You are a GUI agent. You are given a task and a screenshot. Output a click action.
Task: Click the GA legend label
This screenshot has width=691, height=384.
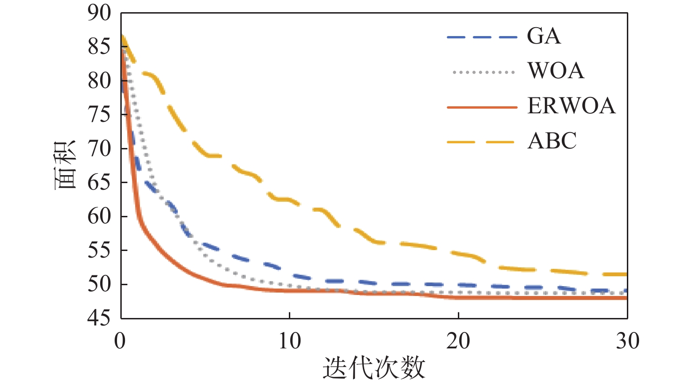click(544, 36)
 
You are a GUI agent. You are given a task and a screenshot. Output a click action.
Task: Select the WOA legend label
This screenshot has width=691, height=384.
click(556, 71)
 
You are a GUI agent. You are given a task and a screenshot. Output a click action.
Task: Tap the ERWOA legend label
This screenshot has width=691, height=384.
click(571, 106)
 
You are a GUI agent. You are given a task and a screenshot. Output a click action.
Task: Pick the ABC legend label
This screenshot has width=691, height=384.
click(552, 141)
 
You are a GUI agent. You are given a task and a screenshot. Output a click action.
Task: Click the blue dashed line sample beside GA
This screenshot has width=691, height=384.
click(482, 37)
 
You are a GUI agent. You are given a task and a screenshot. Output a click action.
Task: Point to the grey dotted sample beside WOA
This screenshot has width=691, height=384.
click(483, 72)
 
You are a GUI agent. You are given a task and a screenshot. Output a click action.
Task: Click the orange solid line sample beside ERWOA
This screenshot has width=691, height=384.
click(482, 107)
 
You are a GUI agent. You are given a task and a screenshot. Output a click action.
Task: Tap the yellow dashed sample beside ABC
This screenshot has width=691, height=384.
click(482, 142)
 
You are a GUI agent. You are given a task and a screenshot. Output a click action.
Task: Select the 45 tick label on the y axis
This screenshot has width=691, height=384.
click(99, 318)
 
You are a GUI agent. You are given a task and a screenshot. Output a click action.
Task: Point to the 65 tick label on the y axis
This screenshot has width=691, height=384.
click(99, 182)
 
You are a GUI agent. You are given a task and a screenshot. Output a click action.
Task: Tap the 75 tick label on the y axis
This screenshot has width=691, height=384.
click(99, 114)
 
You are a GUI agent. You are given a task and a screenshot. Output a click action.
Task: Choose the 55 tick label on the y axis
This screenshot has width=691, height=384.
click(99, 250)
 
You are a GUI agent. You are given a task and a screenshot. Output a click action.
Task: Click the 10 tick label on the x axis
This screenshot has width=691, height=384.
click(290, 341)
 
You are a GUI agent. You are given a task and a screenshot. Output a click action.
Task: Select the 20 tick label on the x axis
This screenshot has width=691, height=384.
click(458, 341)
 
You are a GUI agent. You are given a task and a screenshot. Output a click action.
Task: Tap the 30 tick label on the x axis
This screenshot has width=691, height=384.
click(627, 341)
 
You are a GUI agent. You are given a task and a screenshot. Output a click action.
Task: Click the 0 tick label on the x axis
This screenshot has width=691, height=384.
click(120, 341)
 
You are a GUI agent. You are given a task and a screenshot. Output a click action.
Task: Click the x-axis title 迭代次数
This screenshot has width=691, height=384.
click(374, 368)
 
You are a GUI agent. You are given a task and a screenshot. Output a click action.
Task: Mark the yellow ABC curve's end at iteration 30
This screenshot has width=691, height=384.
click(625, 274)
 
